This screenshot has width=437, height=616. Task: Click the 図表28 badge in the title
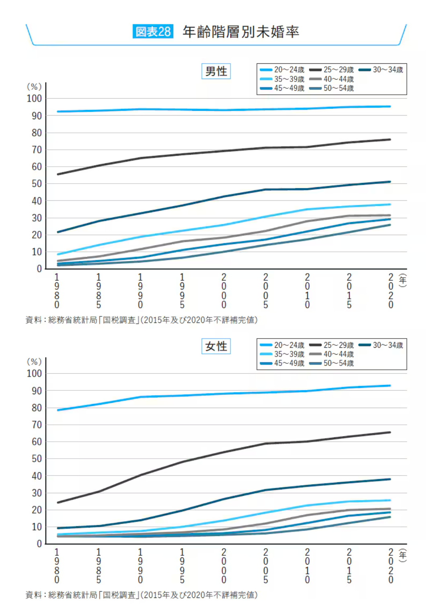click(153, 31)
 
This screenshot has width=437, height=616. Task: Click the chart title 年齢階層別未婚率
click(241, 31)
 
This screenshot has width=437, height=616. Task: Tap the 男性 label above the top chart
click(216, 71)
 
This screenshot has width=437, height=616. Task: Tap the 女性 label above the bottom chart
click(216, 346)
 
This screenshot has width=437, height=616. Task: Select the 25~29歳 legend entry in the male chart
click(332, 70)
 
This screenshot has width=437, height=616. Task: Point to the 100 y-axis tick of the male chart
click(34, 98)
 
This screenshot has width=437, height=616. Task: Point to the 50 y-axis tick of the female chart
click(37, 459)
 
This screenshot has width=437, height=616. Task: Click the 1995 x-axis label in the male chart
click(182, 291)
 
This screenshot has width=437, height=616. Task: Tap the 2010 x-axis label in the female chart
click(308, 566)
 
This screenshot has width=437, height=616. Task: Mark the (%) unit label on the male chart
click(34, 86)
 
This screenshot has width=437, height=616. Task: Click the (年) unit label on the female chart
click(402, 555)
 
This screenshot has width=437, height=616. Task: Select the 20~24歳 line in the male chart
click(224, 110)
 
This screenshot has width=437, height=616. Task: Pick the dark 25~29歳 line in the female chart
click(224, 452)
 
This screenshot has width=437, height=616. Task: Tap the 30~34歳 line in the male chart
click(224, 196)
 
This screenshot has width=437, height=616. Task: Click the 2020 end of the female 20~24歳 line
click(390, 386)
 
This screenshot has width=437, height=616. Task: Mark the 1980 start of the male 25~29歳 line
click(59, 174)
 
